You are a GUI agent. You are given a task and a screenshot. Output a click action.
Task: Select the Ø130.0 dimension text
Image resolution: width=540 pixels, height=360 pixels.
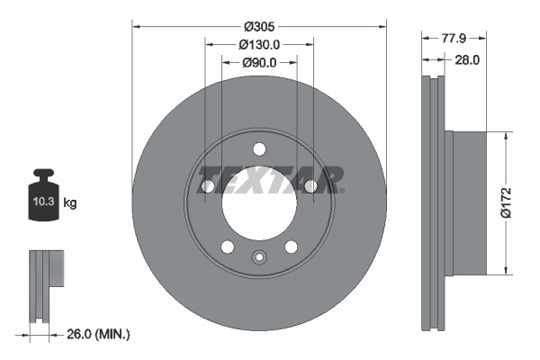pos(259,44)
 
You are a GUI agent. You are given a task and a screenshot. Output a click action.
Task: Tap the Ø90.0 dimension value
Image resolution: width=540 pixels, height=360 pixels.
pos(259,62)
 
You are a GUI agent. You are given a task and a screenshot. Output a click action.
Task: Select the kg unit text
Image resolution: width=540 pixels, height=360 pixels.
pos(70,203)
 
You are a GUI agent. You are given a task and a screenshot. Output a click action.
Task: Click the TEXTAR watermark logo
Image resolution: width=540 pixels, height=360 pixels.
pos(270,177)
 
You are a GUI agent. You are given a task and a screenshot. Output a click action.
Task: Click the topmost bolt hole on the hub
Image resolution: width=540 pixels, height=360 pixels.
pos(259,149)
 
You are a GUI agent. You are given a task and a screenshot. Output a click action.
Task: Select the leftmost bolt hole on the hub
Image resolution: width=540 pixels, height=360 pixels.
pos(208,186)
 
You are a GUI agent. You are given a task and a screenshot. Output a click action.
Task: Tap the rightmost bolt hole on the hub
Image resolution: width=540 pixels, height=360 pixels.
pos(310,186)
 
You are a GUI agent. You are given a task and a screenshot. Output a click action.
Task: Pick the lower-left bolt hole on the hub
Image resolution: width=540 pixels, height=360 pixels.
pos(228,247)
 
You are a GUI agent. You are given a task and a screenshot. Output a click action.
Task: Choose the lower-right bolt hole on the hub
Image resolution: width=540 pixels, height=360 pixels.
pos(291,247)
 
